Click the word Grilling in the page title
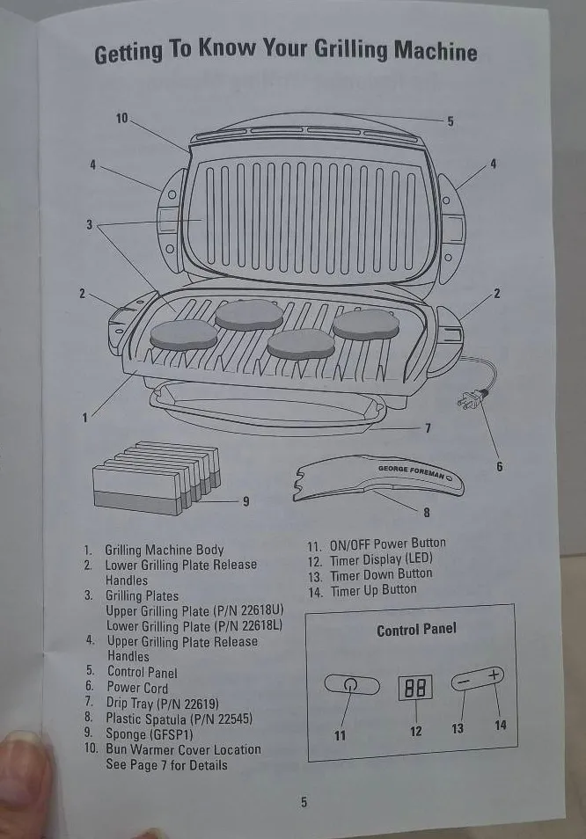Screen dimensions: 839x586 pos(340,50)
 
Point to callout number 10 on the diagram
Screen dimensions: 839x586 pos(121,118)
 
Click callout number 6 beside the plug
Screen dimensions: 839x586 pos(500,466)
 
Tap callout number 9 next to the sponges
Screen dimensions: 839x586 pos(245,501)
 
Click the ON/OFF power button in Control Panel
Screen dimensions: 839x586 pos(350,686)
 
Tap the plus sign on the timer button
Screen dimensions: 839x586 pos(494,675)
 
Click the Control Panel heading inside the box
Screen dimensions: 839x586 pos(416,630)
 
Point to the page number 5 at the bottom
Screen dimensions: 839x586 pos(304,802)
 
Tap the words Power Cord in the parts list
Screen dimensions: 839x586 pos(137,688)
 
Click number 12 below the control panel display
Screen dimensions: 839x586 pos(416,731)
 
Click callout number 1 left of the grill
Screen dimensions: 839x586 pos(85,418)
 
